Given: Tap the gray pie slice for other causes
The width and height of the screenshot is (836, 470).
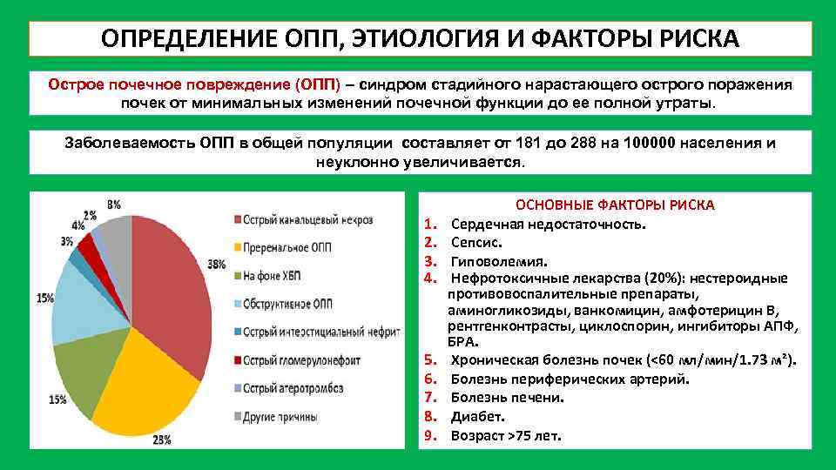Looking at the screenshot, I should point(118,235).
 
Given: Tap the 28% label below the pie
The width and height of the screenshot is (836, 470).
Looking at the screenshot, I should point(161,440).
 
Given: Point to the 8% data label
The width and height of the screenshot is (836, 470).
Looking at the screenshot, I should point(114,205).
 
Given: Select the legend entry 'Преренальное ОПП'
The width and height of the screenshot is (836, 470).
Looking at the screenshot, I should point(287,248).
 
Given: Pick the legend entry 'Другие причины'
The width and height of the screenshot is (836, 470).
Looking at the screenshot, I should point(280,417).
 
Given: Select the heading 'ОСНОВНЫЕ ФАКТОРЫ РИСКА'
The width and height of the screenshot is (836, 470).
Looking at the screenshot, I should point(615,205).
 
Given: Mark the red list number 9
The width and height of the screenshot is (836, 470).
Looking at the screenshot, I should point(428,434).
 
